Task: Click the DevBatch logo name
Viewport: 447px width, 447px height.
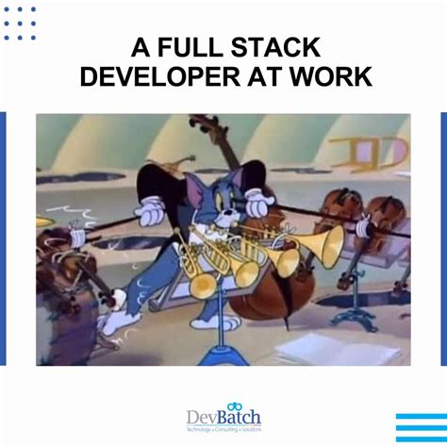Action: (224, 416)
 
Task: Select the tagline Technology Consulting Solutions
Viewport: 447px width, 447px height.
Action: (224, 429)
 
